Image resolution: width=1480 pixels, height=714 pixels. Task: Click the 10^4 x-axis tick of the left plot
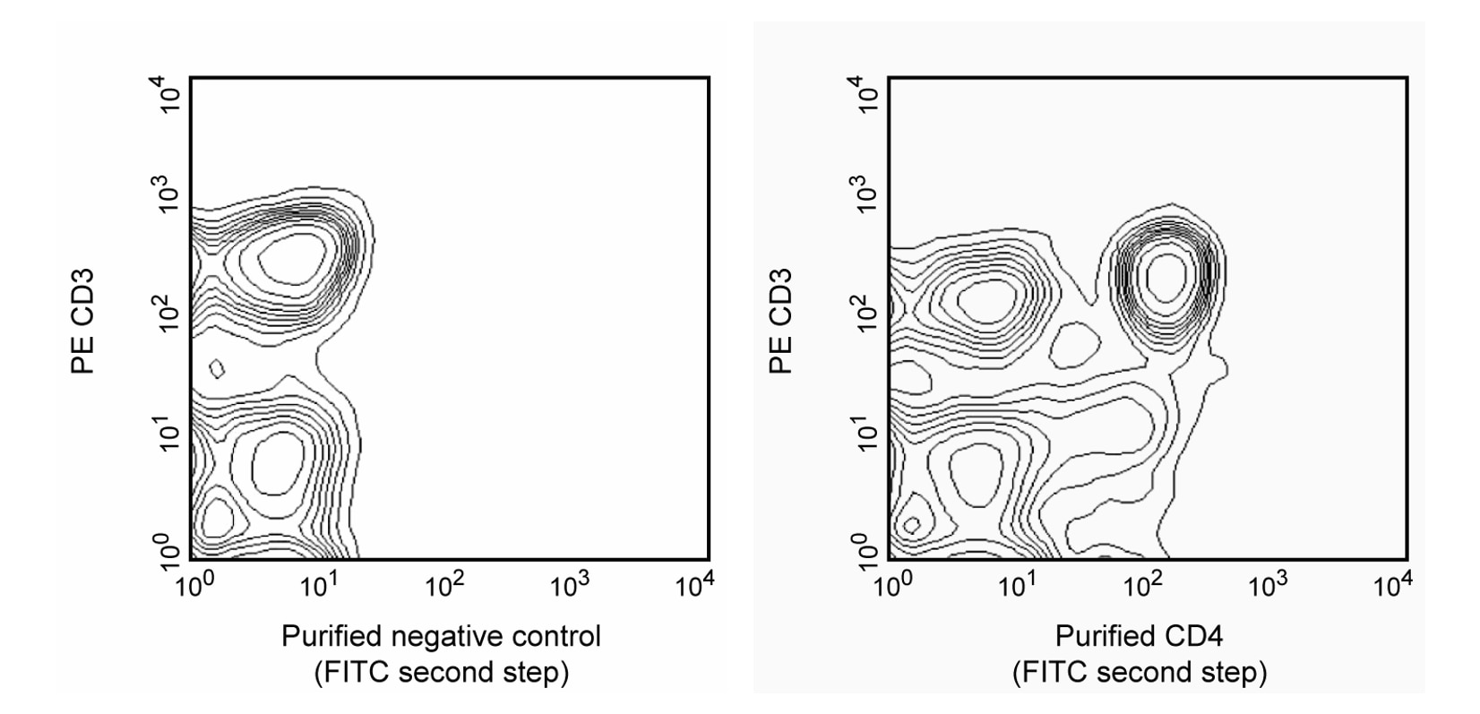pyautogui.click(x=693, y=587)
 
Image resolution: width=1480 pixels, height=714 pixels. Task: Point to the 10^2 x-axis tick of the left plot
pyautogui.click(x=444, y=587)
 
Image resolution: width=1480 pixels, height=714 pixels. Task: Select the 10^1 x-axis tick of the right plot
pyautogui.click(x=1017, y=587)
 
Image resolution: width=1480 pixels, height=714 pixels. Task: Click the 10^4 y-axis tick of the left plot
pyautogui.click(x=170, y=93)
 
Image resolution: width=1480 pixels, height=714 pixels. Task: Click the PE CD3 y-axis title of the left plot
pyautogui.click(x=83, y=320)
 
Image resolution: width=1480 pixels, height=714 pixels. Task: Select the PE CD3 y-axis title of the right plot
pyautogui.click(x=781, y=320)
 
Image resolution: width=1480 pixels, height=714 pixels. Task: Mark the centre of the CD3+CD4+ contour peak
pyautogui.click(x=1166, y=275)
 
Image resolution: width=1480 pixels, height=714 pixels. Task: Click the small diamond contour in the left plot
pyautogui.click(x=217, y=368)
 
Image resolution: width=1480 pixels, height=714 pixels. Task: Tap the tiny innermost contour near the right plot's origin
pyautogui.click(x=912, y=525)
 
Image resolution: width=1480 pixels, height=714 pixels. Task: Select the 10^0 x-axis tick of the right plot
pyautogui.click(x=891, y=587)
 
